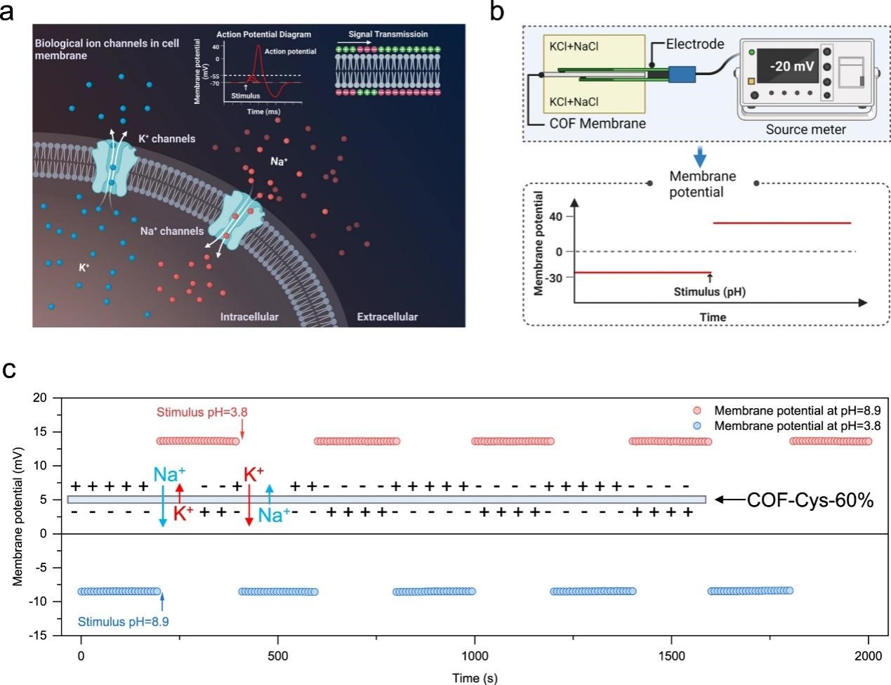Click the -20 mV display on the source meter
click(791, 66)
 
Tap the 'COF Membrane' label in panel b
click(598, 124)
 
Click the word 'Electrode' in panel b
click(694, 44)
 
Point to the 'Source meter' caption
click(805, 129)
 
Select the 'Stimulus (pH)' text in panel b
click(709, 292)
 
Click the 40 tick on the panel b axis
click(556, 217)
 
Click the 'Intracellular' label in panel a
click(249, 317)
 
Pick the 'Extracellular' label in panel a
click(387, 317)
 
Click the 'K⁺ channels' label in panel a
click(166, 139)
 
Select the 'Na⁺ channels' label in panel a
click(172, 231)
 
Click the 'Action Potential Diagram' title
click(263, 34)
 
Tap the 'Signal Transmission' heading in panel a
click(388, 34)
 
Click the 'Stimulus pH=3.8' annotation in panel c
click(202, 412)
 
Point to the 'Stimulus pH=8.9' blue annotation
click(123, 622)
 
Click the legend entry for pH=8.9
click(797, 410)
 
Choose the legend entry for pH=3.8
click(797, 426)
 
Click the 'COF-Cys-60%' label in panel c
click(810, 500)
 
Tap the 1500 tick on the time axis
click(672, 656)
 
